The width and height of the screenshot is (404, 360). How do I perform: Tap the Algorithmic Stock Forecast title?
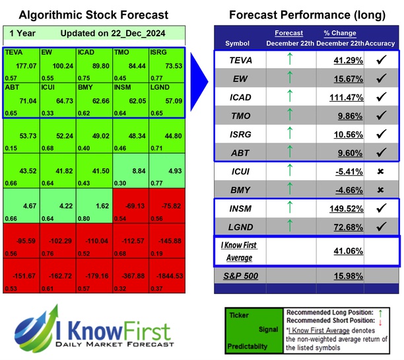pos(93,15)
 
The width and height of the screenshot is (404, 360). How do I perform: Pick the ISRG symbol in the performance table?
pos(242,134)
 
